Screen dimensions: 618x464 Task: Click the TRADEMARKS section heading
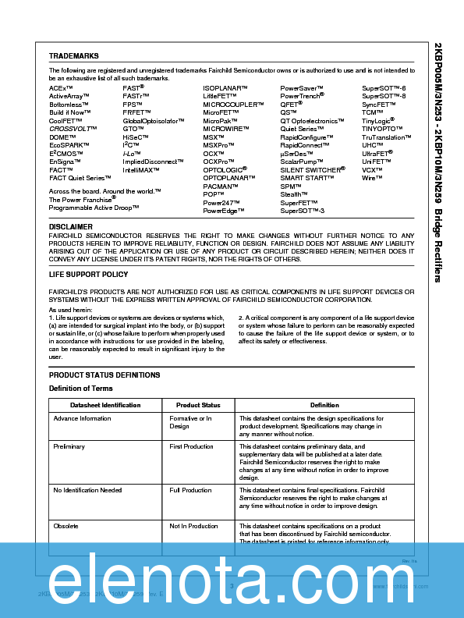[x=73, y=56]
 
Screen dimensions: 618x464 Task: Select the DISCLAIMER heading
[x=70, y=226]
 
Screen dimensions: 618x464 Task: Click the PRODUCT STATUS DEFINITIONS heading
[x=104, y=375]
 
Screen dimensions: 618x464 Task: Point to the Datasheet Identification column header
[x=105, y=405]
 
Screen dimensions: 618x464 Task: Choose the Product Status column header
[x=198, y=405]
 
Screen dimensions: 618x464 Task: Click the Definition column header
[x=324, y=405]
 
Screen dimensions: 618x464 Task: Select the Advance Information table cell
[x=82, y=419]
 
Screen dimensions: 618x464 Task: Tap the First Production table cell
[x=191, y=447]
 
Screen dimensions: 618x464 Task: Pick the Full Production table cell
[x=190, y=491]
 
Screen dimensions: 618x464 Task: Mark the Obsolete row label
[x=66, y=527]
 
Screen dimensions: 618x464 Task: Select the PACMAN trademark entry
[x=220, y=186]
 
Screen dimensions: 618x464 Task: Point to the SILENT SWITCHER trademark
[x=312, y=169]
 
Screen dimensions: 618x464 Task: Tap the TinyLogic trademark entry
[x=378, y=122]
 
